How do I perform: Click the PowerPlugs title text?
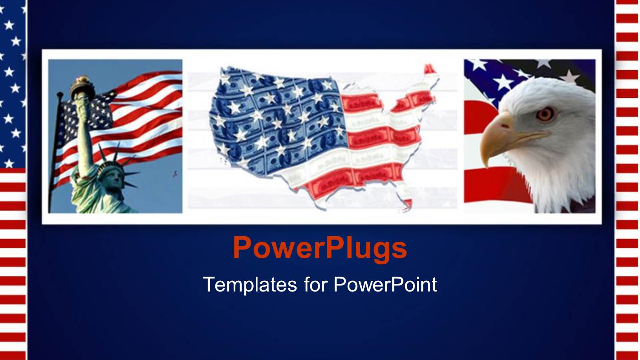click(320, 248)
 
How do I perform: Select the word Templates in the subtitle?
click(249, 284)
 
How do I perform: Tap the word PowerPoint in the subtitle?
click(385, 284)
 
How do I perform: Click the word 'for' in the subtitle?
click(314, 284)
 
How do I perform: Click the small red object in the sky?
click(174, 173)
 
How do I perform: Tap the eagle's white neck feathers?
click(557, 179)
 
